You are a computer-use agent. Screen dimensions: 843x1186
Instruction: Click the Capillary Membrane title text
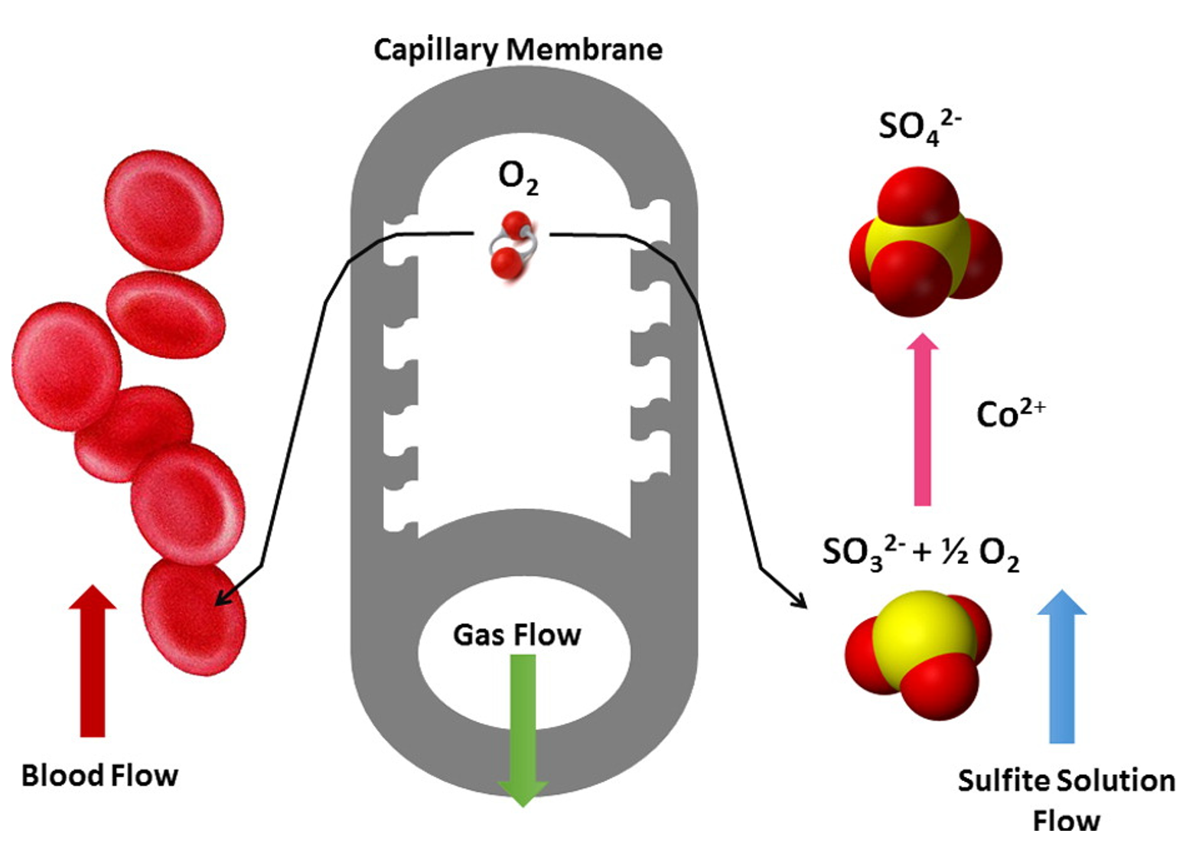(517, 50)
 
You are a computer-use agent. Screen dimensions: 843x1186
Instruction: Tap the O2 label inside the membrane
(518, 177)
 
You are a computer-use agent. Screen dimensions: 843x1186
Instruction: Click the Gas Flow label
(516, 635)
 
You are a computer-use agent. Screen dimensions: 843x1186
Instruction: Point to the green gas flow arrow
(523, 727)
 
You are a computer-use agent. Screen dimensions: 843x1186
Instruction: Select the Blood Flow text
(99, 776)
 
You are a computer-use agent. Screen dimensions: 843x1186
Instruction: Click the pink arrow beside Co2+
(923, 421)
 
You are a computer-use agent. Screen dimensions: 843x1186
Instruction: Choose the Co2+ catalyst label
(1010, 414)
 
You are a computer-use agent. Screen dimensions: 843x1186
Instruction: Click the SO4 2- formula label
(918, 127)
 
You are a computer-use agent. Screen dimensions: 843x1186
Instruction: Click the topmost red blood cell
(164, 210)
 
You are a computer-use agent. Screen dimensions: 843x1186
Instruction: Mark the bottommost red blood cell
(194, 617)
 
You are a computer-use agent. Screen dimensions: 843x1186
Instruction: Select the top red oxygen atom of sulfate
(917, 196)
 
